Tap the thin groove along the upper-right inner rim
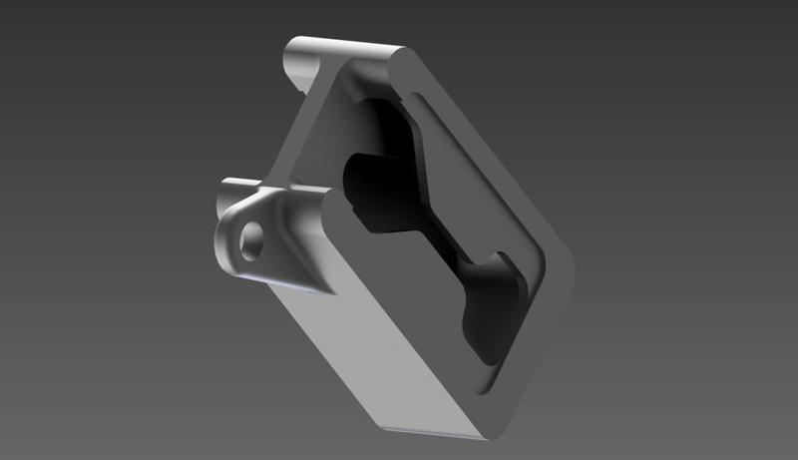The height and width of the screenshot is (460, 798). [469, 130]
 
